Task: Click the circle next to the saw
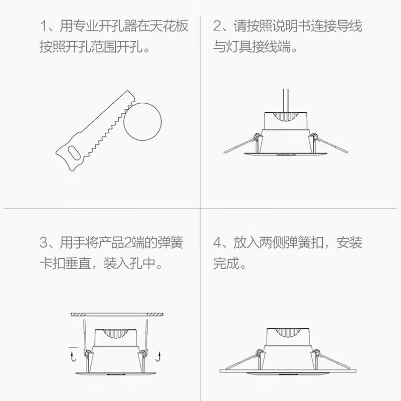click(x=143, y=121)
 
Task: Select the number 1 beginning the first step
click(x=44, y=27)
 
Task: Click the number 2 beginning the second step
click(x=218, y=27)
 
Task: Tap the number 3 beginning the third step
click(x=44, y=244)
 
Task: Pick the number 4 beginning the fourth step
click(x=218, y=244)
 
